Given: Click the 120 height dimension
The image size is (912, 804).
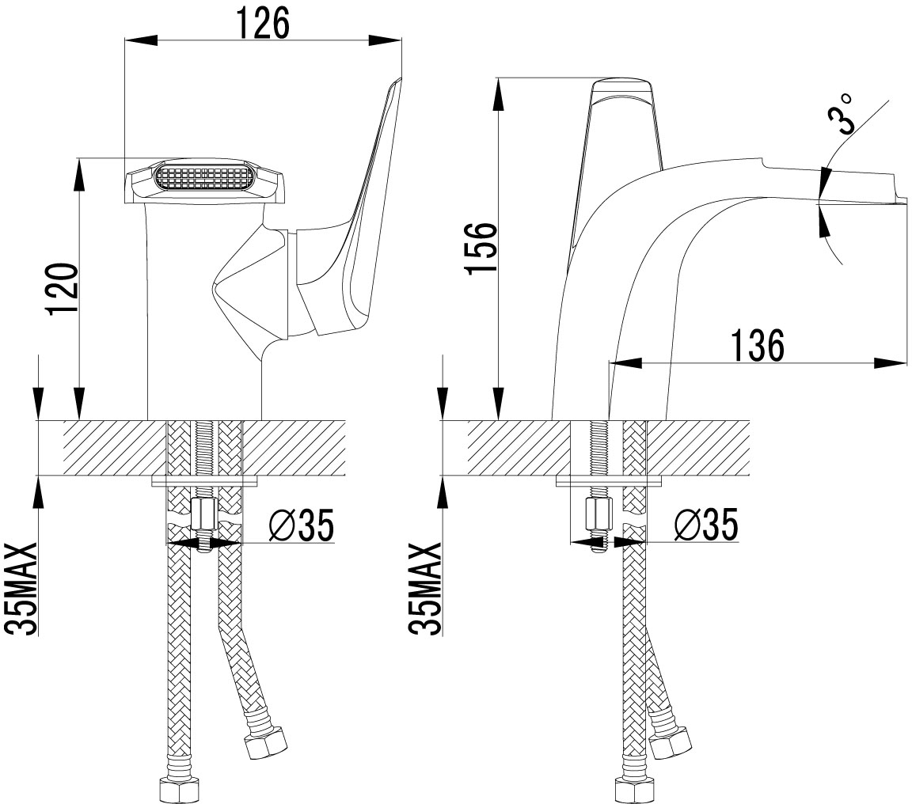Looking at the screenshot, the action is tap(63, 289).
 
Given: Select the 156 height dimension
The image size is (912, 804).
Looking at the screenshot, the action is tap(481, 246).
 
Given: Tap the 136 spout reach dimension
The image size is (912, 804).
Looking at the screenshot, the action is tap(757, 344).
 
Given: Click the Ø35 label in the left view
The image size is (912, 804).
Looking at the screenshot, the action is tap(302, 525).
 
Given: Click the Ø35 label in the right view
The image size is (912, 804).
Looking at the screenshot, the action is tap(705, 524).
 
